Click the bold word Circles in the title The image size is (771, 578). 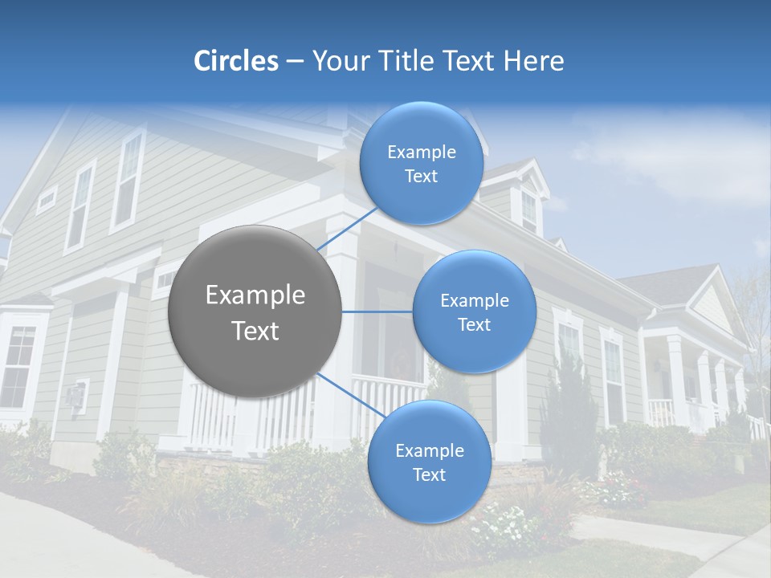(235, 61)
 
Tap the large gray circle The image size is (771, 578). (255, 312)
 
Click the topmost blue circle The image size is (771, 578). (421, 164)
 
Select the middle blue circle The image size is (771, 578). (474, 312)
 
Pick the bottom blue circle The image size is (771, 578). (429, 462)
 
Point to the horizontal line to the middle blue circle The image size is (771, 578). (377, 311)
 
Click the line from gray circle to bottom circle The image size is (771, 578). (344, 393)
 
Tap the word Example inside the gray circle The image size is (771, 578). (255, 295)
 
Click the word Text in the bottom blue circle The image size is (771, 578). (429, 475)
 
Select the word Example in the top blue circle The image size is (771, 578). (421, 152)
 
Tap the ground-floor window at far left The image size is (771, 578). (18, 366)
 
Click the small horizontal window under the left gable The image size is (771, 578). (47, 198)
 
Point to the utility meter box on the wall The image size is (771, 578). (75, 397)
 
